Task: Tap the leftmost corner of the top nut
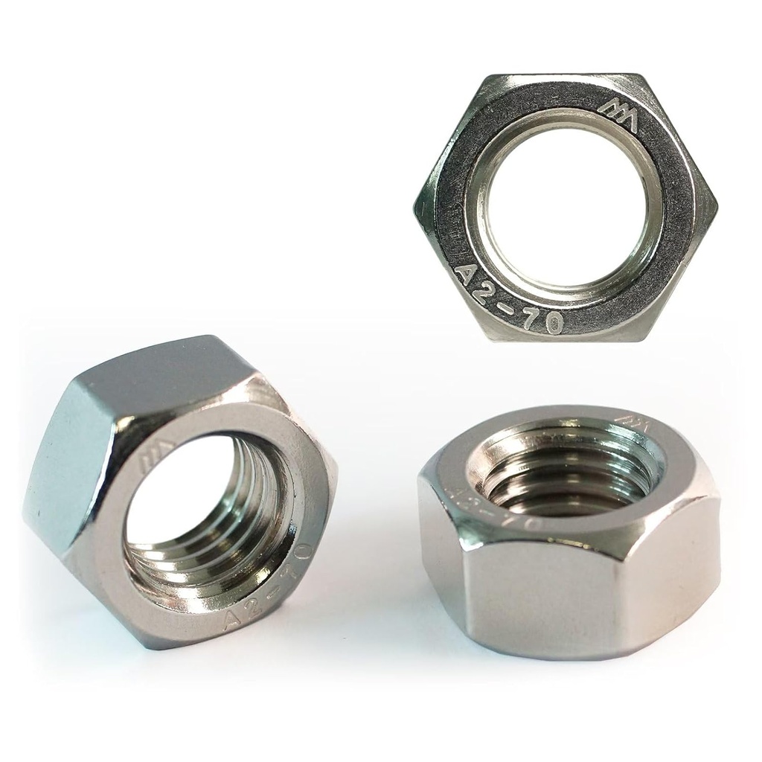(x=414, y=207)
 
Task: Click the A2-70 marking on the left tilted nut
(x=264, y=588)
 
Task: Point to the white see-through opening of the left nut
(x=179, y=491)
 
